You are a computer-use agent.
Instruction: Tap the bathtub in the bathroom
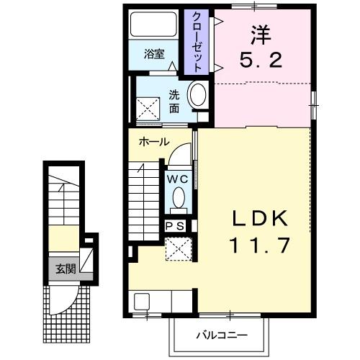153,25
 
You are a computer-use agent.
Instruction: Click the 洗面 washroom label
174,101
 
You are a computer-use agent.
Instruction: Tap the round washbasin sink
197,96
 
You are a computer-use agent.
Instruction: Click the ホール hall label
154,142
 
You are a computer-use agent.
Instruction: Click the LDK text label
261,217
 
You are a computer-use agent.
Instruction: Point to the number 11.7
261,246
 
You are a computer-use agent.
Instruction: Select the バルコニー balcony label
222,335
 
